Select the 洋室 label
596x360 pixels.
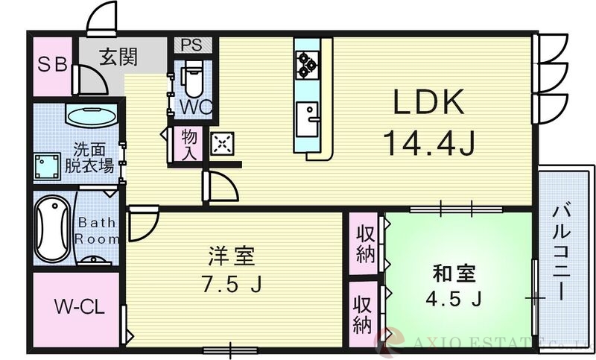coord(231,256)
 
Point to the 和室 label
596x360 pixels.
coord(454,274)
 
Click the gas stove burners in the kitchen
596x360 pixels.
coord(307,64)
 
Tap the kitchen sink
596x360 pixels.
coord(307,119)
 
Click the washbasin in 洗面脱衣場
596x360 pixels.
coord(92,116)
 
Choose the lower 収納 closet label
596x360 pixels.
coord(364,314)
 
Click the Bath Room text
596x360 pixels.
coord(97,230)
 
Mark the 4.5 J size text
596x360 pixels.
coord(454,299)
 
